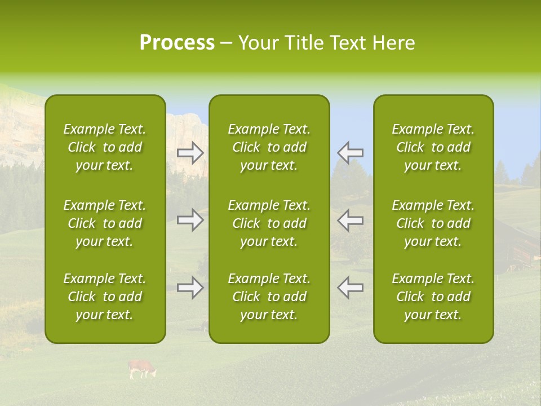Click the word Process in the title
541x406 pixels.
coord(177,43)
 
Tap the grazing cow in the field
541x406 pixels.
coord(141,369)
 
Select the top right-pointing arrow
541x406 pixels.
coord(190,152)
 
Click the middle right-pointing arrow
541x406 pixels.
coord(190,220)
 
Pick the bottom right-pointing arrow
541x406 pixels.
coord(190,288)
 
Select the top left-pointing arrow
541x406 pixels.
coord(350,152)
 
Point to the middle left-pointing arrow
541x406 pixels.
coord(350,220)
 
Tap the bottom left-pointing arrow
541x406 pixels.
coord(350,288)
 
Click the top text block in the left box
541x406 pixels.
coord(105,147)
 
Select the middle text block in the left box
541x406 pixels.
coord(105,223)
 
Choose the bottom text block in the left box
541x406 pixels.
coord(105,297)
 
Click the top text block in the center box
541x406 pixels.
coord(269,147)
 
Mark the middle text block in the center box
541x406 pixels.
coord(269,223)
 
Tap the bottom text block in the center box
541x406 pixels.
coord(269,297)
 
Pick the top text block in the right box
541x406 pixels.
coord(433,147)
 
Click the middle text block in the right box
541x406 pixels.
coord(433,223)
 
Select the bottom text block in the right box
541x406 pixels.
coord(433,297)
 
